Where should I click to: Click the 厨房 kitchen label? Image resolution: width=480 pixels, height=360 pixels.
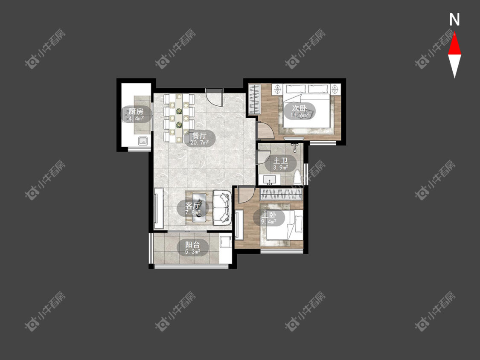tap(136, 111)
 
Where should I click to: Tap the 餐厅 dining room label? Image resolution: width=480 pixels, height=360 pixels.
tap(199, 135)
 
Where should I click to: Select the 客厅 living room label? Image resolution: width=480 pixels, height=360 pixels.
tap(193, 206)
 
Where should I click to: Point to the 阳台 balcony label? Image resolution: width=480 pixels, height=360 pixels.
tap(193, 244)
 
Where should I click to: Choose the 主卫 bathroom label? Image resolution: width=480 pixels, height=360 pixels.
tap(281, 161)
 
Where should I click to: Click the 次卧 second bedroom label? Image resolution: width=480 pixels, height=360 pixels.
tap(299, 108)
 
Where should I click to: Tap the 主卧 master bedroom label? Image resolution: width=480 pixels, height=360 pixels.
tap(269, 215)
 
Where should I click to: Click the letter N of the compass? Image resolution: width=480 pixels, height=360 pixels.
tap(454, 20)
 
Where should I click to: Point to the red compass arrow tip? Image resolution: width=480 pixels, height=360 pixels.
tap(454, 32)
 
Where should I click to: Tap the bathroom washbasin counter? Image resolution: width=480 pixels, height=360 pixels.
tap(270, 180)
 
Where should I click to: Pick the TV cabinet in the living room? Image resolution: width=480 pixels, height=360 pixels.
tap(159, 208)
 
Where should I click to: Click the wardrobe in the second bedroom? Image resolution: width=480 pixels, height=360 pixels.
tap(254, 99)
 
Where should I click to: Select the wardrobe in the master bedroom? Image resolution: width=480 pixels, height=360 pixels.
tap(281, 195)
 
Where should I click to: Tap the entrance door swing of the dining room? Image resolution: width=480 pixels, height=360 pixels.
tap(214, 97)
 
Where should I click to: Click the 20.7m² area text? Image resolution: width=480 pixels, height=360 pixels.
tap(199, 142)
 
